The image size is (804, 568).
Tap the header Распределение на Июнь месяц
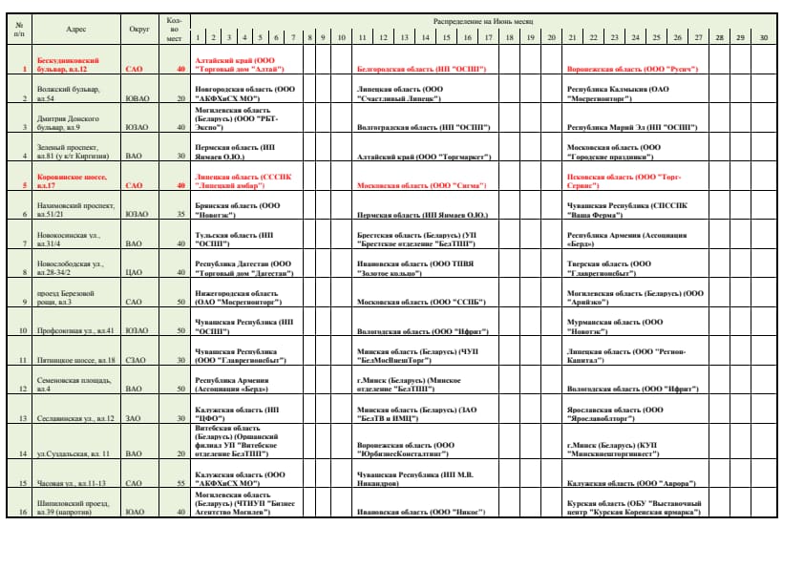[x=483, y=20]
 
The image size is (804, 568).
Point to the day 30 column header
[x=763, y=37]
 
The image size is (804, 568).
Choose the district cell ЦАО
[x=135, y=272]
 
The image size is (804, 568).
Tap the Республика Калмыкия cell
[x=618, y=93]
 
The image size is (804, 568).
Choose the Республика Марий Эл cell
[x=631, y=126]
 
